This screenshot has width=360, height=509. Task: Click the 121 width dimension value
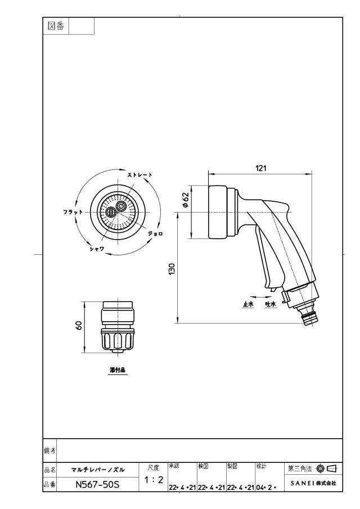pyautogui.click(x=260, y=168)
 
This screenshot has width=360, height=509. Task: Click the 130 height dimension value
pyautogui.click(x=172, y=269)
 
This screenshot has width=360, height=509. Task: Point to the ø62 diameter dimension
pyautogui.click(x=186, y=200)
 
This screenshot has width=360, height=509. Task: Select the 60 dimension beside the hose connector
pyautogui.click(x=79, y=325)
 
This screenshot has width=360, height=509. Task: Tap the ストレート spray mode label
pyautogui.click(x=139, y=175)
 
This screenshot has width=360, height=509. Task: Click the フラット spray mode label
pyautogui.click(x=73, y=212)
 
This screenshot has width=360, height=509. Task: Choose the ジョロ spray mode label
pyautogui.click(x=155, y=233)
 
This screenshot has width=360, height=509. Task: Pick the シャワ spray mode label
pyautogui.click(x=97, y=249)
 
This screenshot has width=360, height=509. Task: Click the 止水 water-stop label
pyautogui.click(x=248, y=304)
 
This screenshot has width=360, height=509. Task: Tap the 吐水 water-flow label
pyautogui.click(x=271, y=304)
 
